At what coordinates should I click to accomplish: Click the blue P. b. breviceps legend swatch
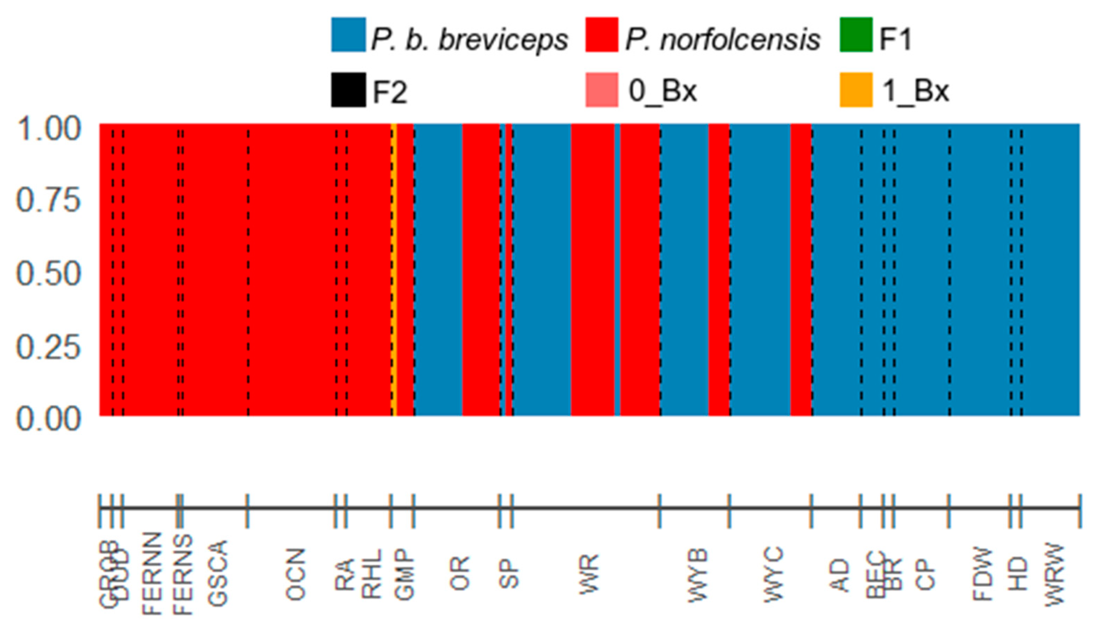pos(348,35)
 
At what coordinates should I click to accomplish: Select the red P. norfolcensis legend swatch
pos(602,35)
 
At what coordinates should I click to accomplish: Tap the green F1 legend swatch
pos(856,35)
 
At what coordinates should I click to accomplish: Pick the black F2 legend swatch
pos(348,90)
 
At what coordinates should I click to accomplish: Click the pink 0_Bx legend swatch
pos(602,90)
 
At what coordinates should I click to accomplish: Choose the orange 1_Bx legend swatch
pos(856,90)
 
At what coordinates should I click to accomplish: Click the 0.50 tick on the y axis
pos(48,274)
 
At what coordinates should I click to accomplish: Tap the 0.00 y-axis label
pos(48,419)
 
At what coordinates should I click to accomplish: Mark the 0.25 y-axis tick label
pos(48,347)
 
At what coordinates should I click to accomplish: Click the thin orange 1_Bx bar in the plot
pos(394,269)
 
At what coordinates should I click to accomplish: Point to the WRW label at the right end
pos(1054,575)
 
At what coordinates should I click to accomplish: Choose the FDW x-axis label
pos(982,574)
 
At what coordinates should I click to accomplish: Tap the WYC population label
pos(773,574)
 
